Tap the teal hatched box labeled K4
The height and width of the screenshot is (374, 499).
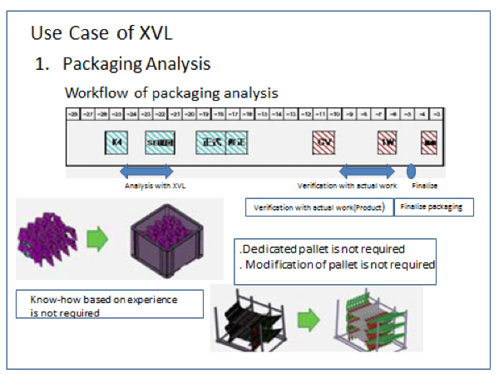pyautogui.click(x=116, y=142)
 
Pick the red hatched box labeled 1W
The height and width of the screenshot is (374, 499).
pyautogui.click(x=387, y=142)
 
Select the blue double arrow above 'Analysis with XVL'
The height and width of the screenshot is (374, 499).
pyautogui.click(x=146, y=171)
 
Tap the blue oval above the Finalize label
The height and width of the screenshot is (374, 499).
pyautogui.click(x=411, y=170)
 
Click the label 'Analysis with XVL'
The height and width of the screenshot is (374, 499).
pyautogui.click(x=155, y=186)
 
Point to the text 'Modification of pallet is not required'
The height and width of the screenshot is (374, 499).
pyautogui.click(x=337, y=265)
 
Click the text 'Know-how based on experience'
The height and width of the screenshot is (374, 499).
pyautogui.click(x=103, y=299)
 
